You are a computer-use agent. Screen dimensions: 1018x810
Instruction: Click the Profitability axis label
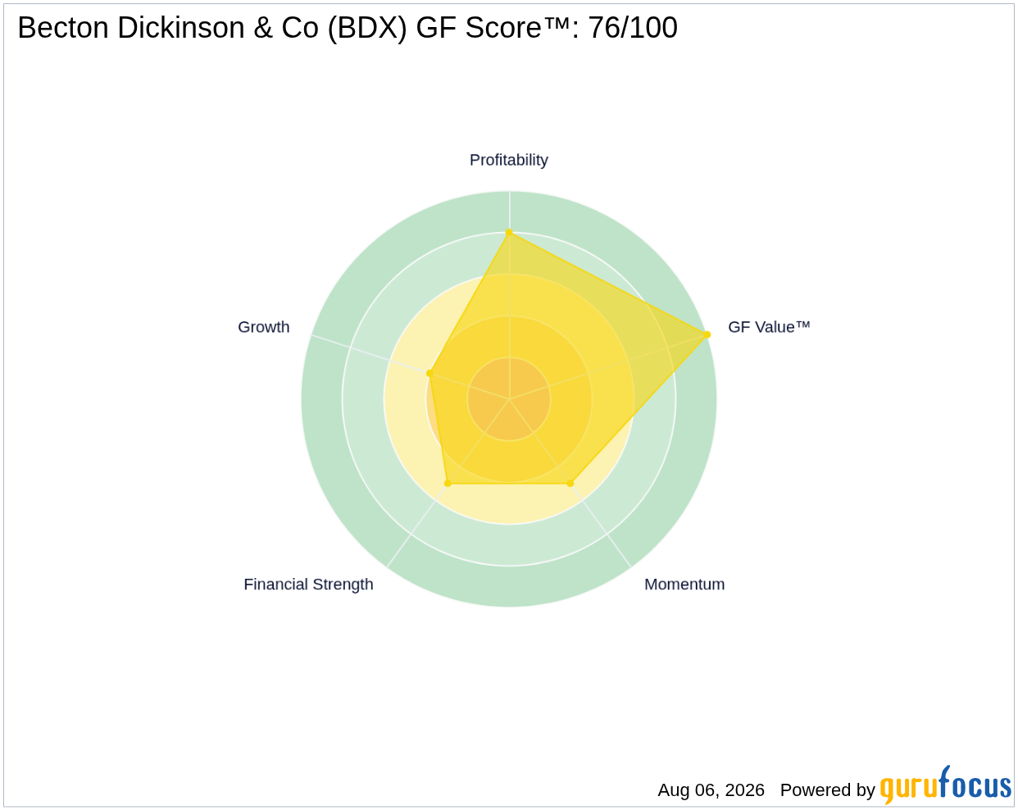tap(508, 160)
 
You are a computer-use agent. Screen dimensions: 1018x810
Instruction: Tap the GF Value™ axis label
tap(769, 327)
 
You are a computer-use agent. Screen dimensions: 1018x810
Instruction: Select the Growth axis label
tap(263, 327)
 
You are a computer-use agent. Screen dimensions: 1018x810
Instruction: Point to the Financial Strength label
tap(308, 585)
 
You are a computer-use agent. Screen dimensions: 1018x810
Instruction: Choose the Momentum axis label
tap(684, 585)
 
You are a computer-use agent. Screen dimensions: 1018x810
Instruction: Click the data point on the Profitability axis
tap(509, 232)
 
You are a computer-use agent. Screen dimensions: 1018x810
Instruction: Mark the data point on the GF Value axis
tap(707, 334)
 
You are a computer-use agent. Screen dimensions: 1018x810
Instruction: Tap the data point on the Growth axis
tap(429, 373)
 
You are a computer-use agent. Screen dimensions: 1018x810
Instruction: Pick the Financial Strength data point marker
tap(448, 483)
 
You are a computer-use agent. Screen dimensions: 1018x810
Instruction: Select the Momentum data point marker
tap(570, 483)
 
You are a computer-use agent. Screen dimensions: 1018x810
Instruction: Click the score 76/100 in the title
tap(633, 27)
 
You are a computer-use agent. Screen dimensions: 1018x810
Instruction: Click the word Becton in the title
tap(63, 27)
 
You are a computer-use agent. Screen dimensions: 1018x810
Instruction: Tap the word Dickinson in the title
tap(180, 27)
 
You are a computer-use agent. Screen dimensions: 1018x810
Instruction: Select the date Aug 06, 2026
tap(711, 790)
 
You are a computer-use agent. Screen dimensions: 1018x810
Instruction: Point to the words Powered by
tap(827, 790)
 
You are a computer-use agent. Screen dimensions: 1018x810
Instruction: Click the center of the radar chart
tap(509, 398)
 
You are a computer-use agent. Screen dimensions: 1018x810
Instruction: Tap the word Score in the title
tap(502, 27)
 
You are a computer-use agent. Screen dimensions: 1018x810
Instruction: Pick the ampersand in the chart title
tap(262, 27)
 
